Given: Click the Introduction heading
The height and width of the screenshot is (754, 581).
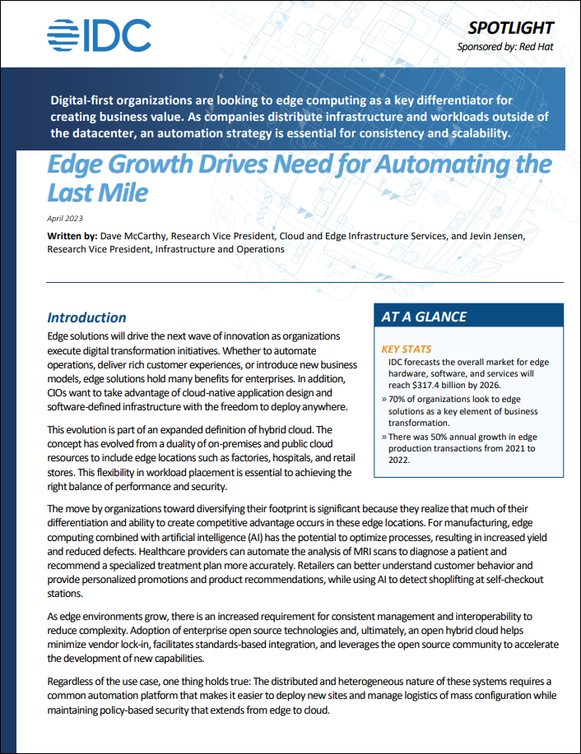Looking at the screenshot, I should click(x=86, y=317).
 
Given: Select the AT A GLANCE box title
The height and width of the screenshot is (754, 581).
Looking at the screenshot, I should click(x=424, y=317).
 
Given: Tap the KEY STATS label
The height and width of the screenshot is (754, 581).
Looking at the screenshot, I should click(x=407, y=349).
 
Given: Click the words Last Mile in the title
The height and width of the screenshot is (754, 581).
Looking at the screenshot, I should click(x=98, y=192).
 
